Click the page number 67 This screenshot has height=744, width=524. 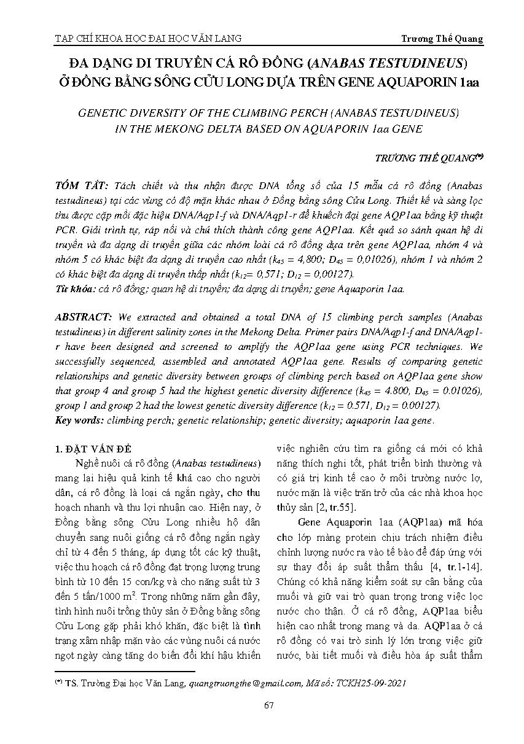click(268, 705)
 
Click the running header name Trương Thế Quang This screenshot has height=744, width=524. click(442, 39)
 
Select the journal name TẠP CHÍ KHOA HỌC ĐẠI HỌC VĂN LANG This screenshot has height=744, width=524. click(148, 39)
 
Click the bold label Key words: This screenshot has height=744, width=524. click(79, 420)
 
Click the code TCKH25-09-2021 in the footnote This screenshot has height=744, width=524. click(374, 682)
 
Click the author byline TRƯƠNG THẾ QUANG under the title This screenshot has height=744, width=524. click(425, 158)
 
